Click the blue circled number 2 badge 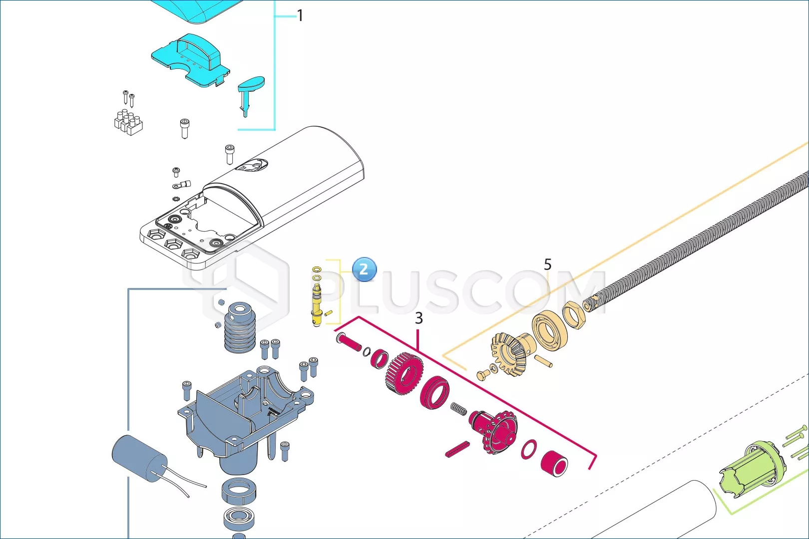click(x=365, y=269)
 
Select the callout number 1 click(x=300, y=15)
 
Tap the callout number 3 click(x=418, y=318)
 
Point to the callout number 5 click(x=547, y=265)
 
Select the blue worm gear click(x=240, y=327)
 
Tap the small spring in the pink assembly click(x=458, y=409)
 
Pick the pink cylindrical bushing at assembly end click(x=554, y=464)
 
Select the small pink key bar click(x=457, y=449)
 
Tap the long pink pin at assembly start click(x=349, y=342)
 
